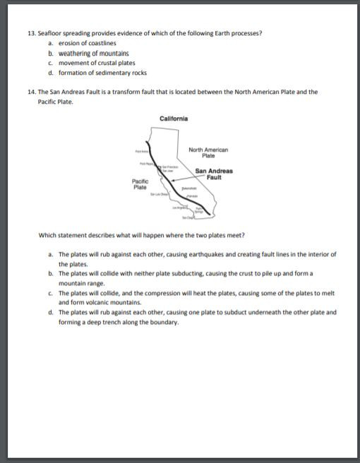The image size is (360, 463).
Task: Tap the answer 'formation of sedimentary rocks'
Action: (x=102, y=73)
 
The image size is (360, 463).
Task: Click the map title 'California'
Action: (x=174, y=119)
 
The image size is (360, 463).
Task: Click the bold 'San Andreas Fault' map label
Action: (x=214, y=174)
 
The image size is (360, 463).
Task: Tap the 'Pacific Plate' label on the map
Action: (x=140, y=185)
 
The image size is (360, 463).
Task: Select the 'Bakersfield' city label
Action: (x=191, y=189)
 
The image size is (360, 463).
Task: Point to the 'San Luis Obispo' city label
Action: (x=159, y=193)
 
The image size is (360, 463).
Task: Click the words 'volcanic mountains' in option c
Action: (x=104, y=301)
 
